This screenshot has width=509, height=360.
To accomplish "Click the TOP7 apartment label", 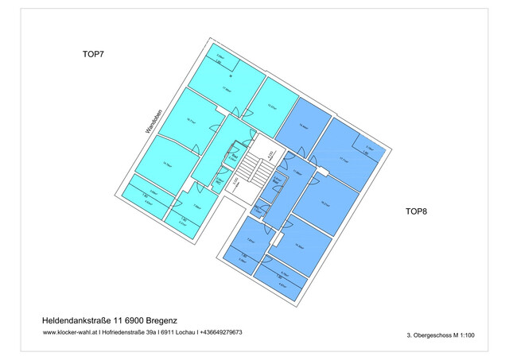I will point(94,55).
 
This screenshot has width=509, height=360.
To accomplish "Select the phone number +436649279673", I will point(221,332).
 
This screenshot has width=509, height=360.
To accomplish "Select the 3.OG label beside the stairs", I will point(236,185).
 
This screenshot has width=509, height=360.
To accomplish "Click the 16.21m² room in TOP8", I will point(324,202).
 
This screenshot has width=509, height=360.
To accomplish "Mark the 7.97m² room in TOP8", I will point(251,242).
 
